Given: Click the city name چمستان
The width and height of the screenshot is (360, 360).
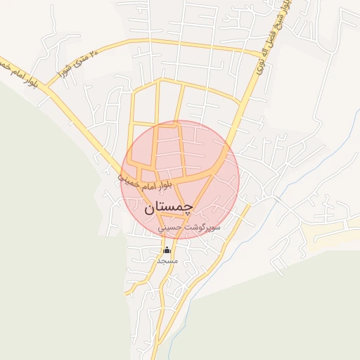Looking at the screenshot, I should click(x=169, y=208).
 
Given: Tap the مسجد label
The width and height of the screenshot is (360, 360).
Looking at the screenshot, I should click(x=167, y=261).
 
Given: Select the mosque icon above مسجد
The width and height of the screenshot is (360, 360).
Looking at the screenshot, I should click(x=167, y=250).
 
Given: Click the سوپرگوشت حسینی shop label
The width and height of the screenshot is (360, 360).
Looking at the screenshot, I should click(x=189, y=228).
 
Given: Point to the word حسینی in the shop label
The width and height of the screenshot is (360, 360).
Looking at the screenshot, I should click(x=171, y=228).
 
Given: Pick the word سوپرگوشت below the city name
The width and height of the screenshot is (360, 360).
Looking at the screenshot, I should click(x=205, y=228).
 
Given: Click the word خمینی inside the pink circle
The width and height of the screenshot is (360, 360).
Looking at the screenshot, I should click(x=130, y=181).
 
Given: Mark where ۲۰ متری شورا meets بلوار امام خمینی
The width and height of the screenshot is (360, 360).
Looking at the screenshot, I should click(x=48, y=88).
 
